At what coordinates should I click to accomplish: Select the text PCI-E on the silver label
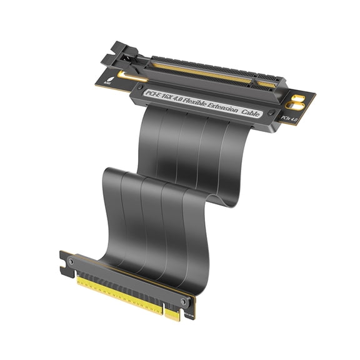click(154, 94)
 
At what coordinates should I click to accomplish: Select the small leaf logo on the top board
click(112, 78)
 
